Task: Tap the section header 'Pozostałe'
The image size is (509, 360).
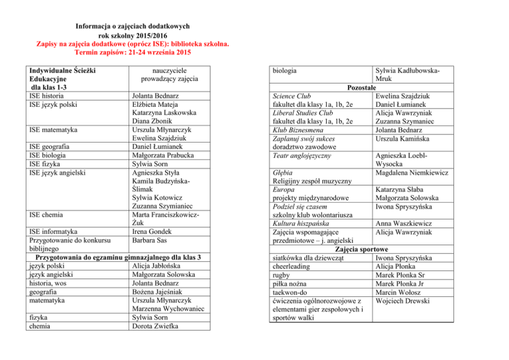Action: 362,87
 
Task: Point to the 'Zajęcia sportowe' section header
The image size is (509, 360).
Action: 362,249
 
